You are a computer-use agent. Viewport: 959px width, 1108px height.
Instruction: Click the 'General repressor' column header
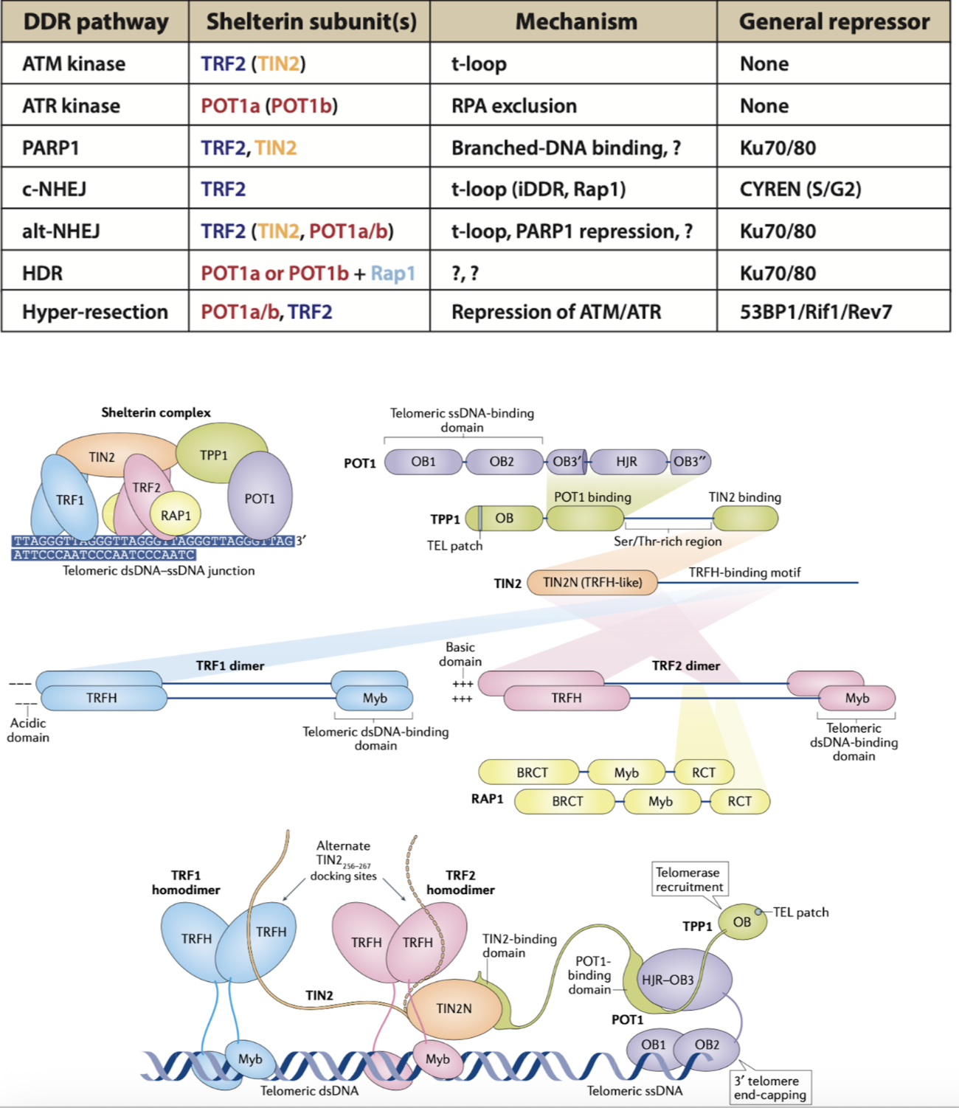pos(834,22)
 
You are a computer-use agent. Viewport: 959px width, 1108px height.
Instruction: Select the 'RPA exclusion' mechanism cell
pos(513,106)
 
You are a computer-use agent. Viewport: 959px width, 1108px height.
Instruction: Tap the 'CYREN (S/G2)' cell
pos(800,190)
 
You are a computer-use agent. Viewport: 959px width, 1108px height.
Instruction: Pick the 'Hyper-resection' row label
pos(95,312)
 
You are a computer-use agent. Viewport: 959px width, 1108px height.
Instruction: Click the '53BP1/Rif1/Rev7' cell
pos(815,312)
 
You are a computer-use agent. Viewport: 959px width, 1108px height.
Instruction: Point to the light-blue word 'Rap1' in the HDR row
pos(392,274)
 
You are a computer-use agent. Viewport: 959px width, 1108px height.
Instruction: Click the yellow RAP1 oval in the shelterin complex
pos(176,515)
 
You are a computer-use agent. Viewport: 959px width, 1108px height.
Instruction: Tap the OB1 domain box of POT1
pos(423,462)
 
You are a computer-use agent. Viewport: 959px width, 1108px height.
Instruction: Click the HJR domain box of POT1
pos(627,462)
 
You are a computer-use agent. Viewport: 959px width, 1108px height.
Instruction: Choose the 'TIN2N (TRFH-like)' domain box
pos(592,583)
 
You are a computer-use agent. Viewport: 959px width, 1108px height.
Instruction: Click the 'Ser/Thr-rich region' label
pos(668,541)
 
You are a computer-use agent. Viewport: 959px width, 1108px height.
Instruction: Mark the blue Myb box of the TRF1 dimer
pos(375,698)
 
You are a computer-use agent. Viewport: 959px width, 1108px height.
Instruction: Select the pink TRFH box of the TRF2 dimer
pos(567,698)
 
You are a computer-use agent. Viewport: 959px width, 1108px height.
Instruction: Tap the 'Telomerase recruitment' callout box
pos(689,879)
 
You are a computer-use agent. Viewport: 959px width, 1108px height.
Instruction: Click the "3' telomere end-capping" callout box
pos(769,1087)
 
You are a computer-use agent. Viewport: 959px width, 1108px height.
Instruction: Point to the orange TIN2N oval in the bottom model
pos(454,1008)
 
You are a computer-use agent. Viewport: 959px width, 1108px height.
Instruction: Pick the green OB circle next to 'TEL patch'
pos(741,922)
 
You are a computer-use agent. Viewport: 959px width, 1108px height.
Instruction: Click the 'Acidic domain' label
pos(28,730)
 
